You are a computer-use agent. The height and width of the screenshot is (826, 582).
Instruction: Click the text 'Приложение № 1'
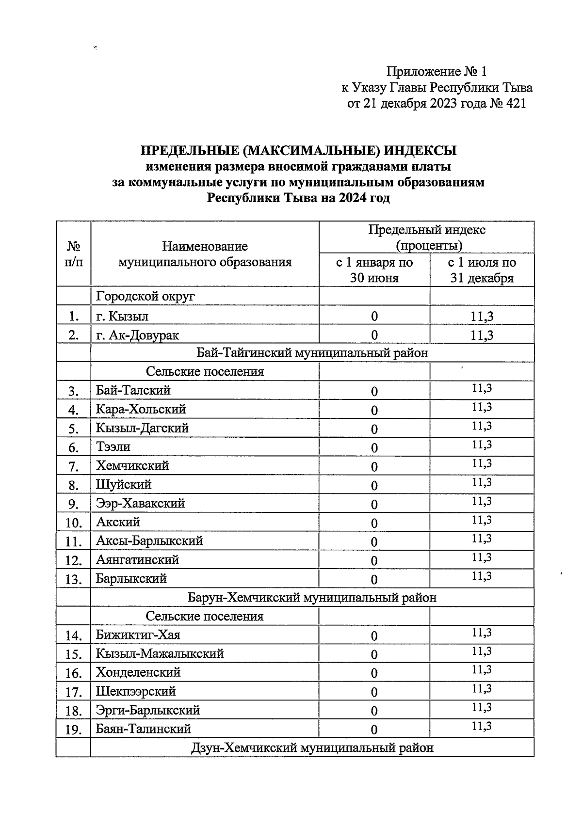point(436,72)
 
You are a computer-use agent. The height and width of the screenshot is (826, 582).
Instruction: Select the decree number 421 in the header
point(515,104)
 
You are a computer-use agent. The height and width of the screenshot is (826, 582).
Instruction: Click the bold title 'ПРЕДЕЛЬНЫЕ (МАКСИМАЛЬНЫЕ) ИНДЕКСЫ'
point(298,151)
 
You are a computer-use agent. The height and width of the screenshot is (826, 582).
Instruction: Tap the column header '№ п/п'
point(73,254)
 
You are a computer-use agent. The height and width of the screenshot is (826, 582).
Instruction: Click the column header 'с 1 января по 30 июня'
point(374,270)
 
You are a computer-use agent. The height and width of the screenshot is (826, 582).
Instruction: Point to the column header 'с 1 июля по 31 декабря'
point(482,270)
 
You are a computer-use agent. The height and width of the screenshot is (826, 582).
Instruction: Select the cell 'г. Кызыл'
point(122,316)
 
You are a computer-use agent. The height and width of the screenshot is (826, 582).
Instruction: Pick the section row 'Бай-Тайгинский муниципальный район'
point(312,353)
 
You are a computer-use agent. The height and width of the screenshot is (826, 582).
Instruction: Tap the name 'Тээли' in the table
point(113,446)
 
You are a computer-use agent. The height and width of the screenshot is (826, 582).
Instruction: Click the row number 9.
point(73,505)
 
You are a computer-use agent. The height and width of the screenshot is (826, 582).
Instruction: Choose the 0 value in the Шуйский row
point(374,486)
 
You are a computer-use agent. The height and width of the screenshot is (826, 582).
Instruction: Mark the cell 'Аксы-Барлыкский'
point(149,541)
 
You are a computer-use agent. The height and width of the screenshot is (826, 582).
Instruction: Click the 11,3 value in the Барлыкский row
point(482,576)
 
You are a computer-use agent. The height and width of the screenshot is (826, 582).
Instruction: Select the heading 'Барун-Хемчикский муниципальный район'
point(312,598)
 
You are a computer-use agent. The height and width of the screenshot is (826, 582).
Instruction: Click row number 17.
point(73,693)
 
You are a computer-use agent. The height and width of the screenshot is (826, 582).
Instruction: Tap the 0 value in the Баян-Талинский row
point(374,730)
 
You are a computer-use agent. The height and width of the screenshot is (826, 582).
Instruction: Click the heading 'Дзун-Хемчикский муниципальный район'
point(312,748)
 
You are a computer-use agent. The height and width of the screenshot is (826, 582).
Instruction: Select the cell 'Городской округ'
point(145,296)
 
